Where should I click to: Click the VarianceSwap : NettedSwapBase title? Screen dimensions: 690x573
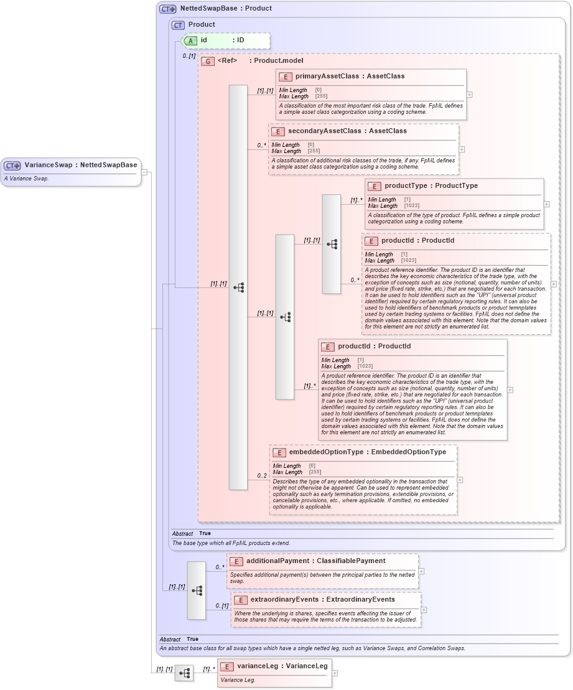coord(80,165)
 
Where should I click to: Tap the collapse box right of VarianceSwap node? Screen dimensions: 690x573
coord(144,172)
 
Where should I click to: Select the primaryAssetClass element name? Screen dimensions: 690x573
coord(327,76)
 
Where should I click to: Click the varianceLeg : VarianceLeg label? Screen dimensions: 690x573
coord(282,666)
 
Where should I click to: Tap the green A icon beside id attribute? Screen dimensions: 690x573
coord(192,40)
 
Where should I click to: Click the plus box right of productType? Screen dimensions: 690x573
coord(546,204)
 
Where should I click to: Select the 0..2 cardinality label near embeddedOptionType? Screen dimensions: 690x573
coord(262,476)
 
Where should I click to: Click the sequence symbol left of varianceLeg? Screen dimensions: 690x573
coord(184,673)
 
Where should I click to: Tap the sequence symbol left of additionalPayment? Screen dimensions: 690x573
coord(197,590)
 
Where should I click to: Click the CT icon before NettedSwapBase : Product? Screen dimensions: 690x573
coord(168,9)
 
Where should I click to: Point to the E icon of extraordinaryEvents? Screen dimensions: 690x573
coord(239,600)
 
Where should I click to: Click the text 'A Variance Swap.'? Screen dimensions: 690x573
coord(26,179)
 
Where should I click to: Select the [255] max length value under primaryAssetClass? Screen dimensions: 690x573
coord(321,96)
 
